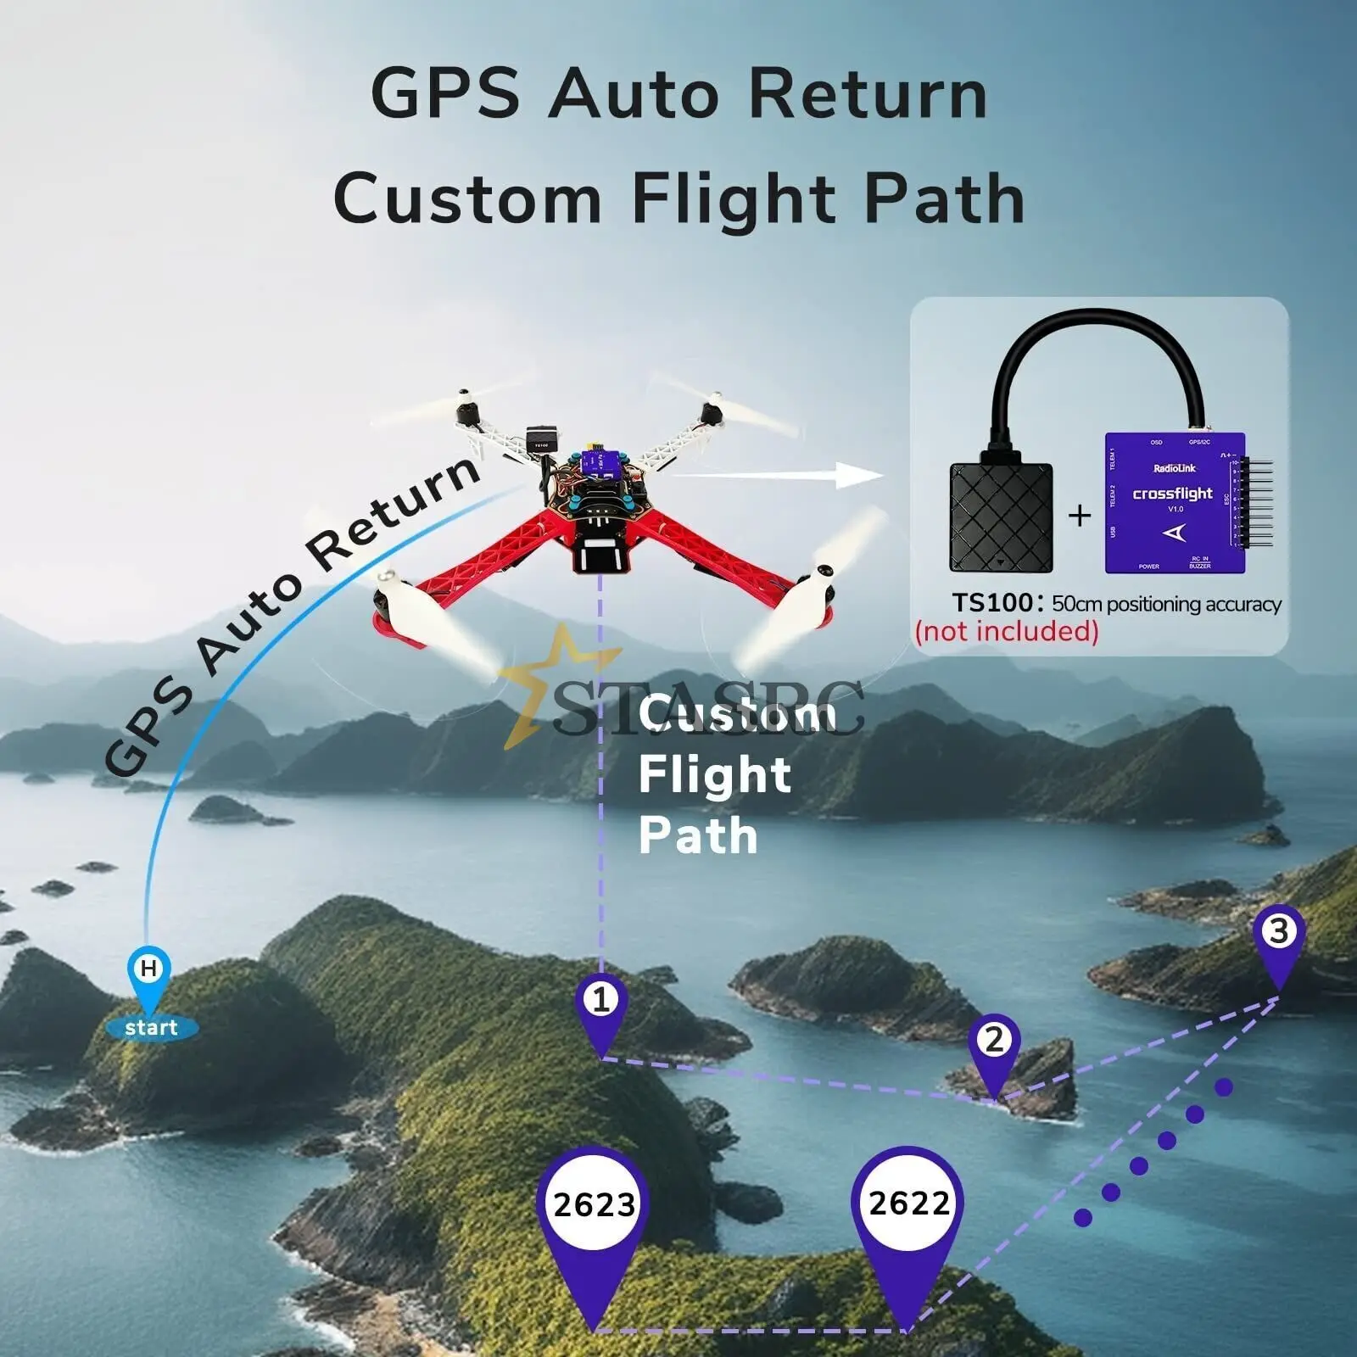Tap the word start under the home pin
(151, 1029)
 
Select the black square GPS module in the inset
(1001, 517)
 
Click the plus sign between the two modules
(1079, 515)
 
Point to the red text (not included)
(1007, 632)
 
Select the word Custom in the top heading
(467, 199)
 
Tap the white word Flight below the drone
(714, 775)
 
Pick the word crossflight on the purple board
(1172, 494)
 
